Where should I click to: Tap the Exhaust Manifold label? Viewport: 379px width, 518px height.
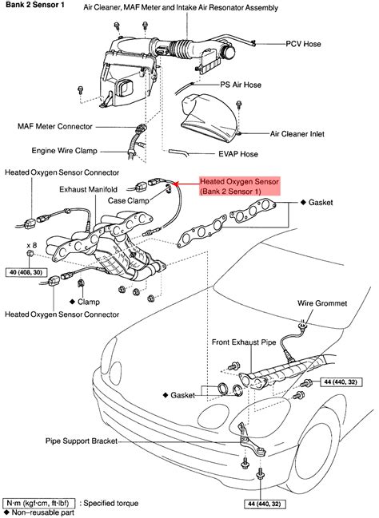pyautogui.click(x=90, y=190)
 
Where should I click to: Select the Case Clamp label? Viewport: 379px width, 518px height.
pyautogui.click(x=130, y=202)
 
